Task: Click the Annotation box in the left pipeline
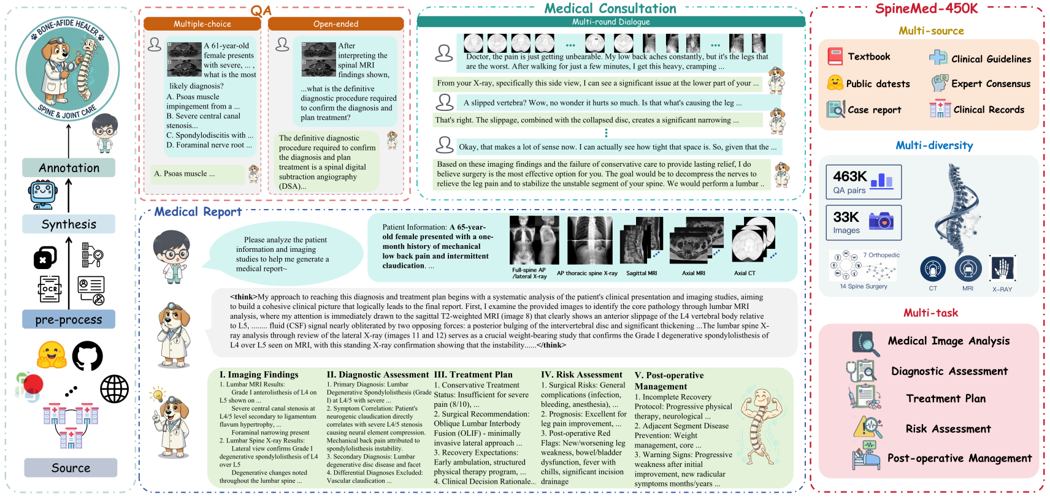(69, 168)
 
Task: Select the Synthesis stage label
(69, 224)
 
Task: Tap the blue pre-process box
(69, 319)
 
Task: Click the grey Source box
(71, 468)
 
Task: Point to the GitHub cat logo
(88, 356)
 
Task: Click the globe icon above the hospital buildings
(115, 389)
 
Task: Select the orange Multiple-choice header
(202, 24)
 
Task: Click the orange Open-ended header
(335, 24)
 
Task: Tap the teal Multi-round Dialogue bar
(610, 22)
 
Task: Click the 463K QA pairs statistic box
(863, 182)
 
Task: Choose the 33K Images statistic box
(863, 222)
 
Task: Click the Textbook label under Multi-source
(868, 56)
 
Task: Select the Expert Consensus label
(991, 84)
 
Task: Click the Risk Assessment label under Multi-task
(948, 429)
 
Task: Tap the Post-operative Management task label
(959, 458)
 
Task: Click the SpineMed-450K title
(926, 9)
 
